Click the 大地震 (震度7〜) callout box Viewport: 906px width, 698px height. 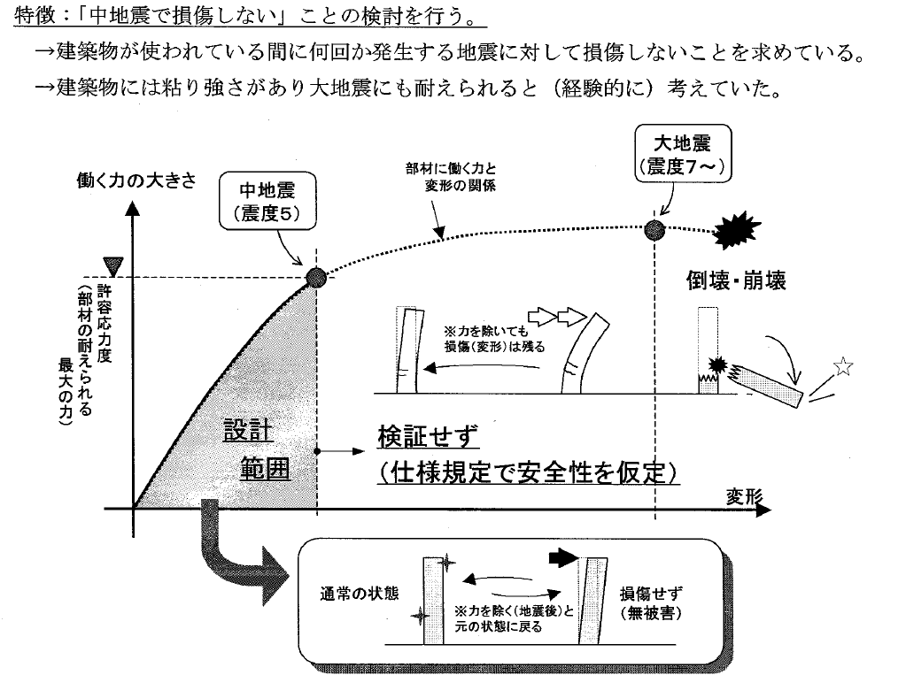point(681,151)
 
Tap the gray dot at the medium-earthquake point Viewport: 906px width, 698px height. point(316,278)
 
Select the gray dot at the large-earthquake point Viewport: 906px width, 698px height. point(655,230)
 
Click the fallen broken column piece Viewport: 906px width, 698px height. point(768,383)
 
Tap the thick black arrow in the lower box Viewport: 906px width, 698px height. point(562,558)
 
